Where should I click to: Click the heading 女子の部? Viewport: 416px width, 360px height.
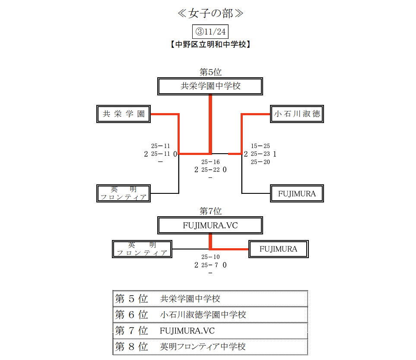210,13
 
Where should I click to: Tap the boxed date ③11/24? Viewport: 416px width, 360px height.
210,32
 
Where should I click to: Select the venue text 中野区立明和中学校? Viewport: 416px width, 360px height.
210,44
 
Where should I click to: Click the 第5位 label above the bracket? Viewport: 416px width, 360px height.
210,72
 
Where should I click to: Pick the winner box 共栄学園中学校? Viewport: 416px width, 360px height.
210,86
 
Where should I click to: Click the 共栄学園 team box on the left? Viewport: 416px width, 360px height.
124,114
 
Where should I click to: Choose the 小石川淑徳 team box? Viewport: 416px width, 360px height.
297,114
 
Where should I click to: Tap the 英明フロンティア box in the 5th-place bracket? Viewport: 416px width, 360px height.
124,193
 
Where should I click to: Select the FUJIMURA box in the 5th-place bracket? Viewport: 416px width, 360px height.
297,194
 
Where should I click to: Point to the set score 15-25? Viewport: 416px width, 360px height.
260,146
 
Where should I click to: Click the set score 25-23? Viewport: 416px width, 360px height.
260,154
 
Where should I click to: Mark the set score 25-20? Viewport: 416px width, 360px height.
260,162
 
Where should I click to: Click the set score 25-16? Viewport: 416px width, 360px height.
210,162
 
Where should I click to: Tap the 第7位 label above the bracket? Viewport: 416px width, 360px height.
210,211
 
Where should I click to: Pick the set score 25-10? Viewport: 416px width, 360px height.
210,257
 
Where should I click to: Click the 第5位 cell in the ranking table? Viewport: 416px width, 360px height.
132,299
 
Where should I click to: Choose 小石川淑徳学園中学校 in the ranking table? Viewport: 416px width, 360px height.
203,315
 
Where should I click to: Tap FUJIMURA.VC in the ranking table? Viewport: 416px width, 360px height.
187,331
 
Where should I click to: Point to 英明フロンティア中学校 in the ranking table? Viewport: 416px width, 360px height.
203,347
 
